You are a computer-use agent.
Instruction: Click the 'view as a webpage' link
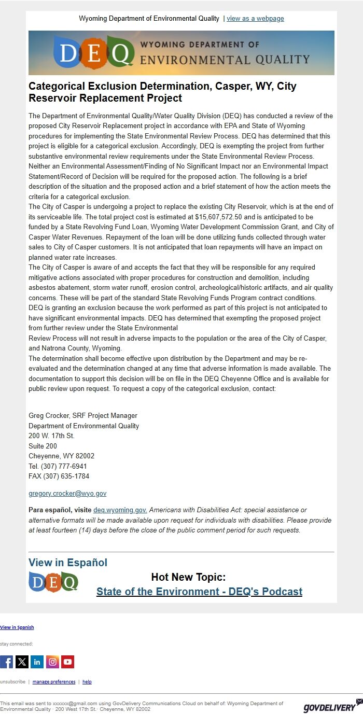click(x=255, y=19)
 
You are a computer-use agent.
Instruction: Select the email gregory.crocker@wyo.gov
click(x=67, y=494)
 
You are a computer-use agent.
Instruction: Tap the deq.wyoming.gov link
click(x=120, y=510)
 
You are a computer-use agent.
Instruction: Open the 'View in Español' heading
click(x=68, y=563)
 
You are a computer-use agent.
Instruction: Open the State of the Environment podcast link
click(x=199, y=592)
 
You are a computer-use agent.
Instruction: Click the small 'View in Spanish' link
click(x=17, y=627)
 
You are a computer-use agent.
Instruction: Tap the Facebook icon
click(x=6, y=662)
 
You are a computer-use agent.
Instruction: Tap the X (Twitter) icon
click(x=22, y=662)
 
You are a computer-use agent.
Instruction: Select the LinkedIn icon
click(x=37, y=662)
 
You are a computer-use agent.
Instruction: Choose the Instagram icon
click(x=52, y=662)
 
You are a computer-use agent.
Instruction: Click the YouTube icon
click(x=68, y=662)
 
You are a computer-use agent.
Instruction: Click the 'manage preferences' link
click(x=54, y=682)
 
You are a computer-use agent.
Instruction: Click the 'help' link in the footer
click(x=87, y=682)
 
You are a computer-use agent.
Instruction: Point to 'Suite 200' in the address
click(x=43, y=446)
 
